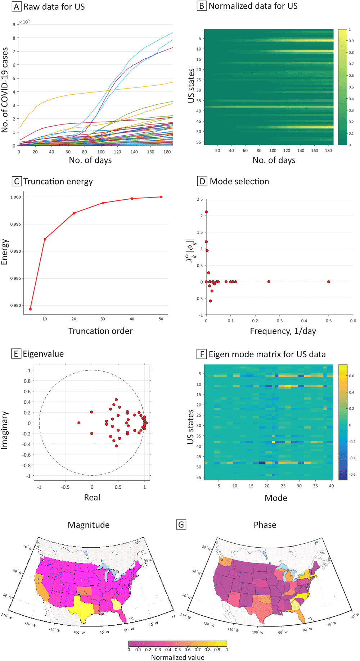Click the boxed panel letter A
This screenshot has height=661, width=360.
[x=17, y=7]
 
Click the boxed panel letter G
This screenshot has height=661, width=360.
[x=181, y=525]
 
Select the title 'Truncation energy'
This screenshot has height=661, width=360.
[x=58, y=181]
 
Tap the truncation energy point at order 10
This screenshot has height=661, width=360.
[x=45, y=239]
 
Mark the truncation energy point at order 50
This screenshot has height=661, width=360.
[x=161, y=197]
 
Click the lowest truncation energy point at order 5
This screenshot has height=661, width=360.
[x=31, y=309]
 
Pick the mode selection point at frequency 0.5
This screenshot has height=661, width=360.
[x=329, y=282]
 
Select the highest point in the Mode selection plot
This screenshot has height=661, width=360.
[x=206, y=212]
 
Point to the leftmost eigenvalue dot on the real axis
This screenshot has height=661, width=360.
[x=79, y=423]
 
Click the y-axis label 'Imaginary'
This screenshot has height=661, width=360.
[x=4, y=430]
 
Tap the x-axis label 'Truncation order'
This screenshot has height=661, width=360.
[x=100, y=331]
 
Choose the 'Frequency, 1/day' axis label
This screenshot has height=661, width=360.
[x=283, y=331]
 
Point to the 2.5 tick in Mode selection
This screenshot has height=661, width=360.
[x=200, y=199]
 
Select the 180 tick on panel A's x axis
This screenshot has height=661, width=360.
[x=167, y=152]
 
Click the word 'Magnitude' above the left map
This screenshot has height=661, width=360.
[x=89, y=525]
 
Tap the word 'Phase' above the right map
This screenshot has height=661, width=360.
[x=265, y=525]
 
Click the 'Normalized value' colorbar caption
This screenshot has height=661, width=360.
[x=177, y=657]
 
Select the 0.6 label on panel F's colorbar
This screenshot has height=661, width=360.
[x=352, y=376]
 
